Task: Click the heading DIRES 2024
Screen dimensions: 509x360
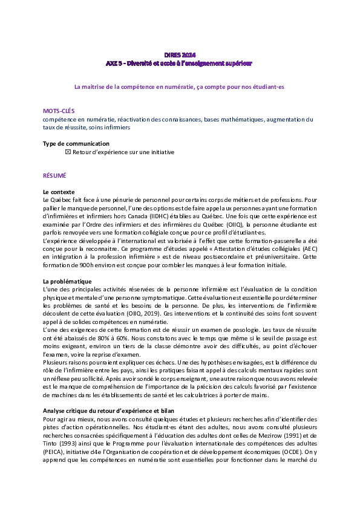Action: (180, 55)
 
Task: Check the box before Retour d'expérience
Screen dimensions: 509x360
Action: (68, 152)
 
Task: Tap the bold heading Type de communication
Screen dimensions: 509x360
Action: (76, 144)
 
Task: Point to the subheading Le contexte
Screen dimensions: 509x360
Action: (59, 192)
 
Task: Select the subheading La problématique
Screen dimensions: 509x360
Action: (67, 282)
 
